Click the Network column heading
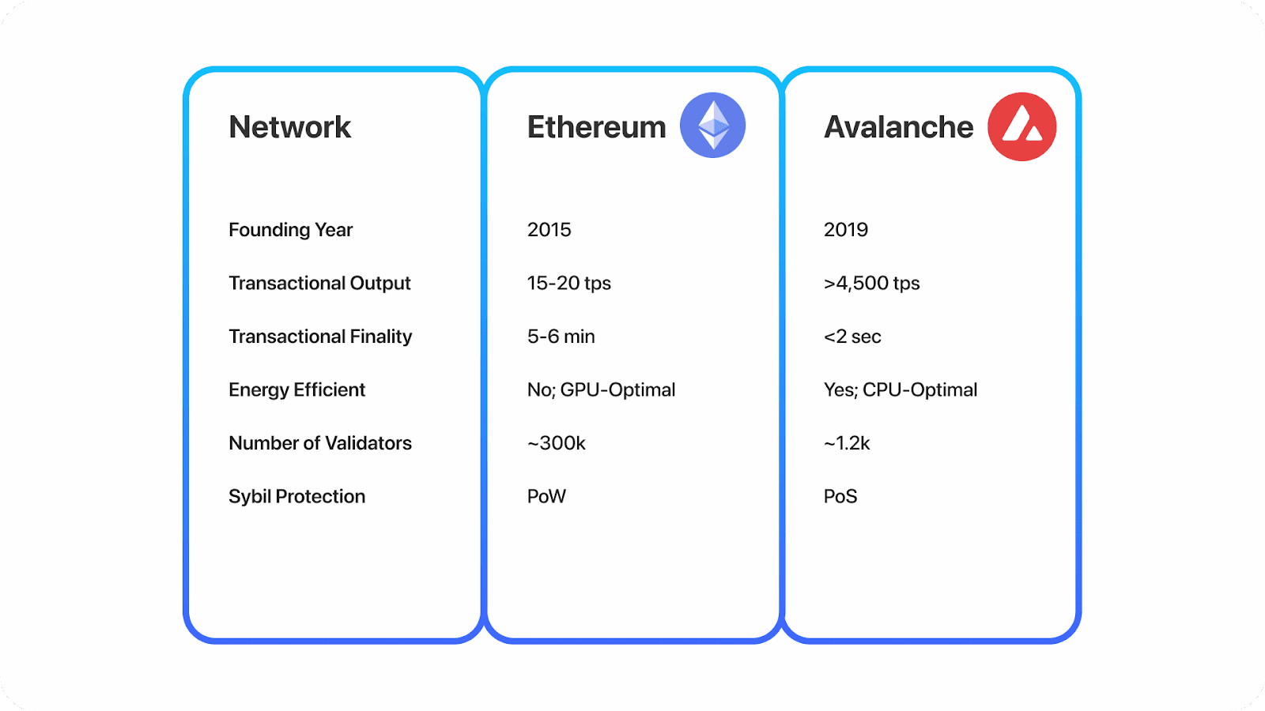pyautogui.click(x=289, y=127)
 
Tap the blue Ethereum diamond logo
pyautogui.click(x=713, y=126)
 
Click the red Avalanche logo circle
pyautogui.click(x=1022, y=126)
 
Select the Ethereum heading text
pyautogui.click(x=596, y=127)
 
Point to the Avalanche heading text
pyautogui.click(x=899, y=127)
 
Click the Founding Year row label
pyautogui.click(x=290, y=230)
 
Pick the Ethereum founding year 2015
pyautogui.click(x=549, y=230)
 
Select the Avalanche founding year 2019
pyautogui.click(x=845, y=230)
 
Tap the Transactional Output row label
pyautogui.click(x=319, y=283)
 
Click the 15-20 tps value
pyautogui.click(x=568, y=283)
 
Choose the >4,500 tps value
pyautogui.click(x=871, y=283)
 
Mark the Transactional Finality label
pyautogui.click(x=320, y=337)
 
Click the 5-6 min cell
pyautogui.click(x=561, y=337)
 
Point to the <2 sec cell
pyautogui.click(x=852, y=337)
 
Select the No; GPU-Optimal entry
pyautogui.click(x=601, y=389)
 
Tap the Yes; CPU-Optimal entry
pyautogui.click(x=900, y=389)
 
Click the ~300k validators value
pyautogui.click(x=556, y=443)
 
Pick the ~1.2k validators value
pyautogui.click(x=846, y=443)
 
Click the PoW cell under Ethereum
pyautogui.click(x=546, y=496)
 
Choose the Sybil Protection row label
pyautogui.click(x=296, y=496)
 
